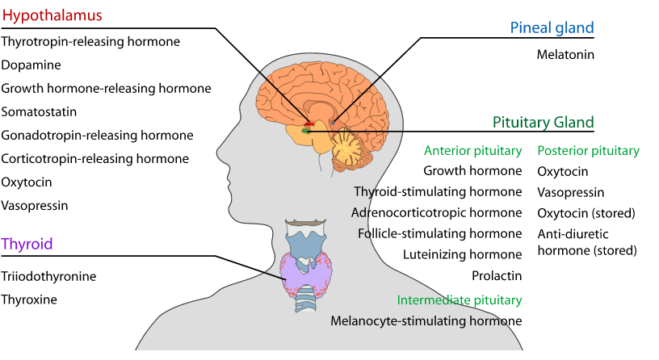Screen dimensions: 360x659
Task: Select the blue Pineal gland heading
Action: tap(552, 27)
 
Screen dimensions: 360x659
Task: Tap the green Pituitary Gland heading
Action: tap(543, 122)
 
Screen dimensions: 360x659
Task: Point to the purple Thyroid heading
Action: tap(28, 244)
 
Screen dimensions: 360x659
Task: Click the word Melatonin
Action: tap(565, 55)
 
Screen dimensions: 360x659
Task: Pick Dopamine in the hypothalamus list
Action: tap(31, 65)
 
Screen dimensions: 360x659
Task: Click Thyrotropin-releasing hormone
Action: tap(90, 41)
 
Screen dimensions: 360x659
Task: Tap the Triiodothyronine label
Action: tap(49, 276)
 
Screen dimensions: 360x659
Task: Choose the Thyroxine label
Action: tap(29, 299)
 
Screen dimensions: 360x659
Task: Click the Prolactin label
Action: tap(497, 275)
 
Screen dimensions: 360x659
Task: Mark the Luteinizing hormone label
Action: tap(463, 254)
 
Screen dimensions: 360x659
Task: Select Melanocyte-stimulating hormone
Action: tap(426, 320)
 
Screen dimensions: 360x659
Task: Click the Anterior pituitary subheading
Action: tap(472, 150)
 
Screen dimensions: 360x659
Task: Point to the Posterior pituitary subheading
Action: tap(588, 150)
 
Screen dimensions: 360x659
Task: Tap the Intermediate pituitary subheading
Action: tap(459, 299)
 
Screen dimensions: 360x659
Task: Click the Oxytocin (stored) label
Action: tap(586, 213)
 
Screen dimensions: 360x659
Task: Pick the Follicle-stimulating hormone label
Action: tap(440, 233)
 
